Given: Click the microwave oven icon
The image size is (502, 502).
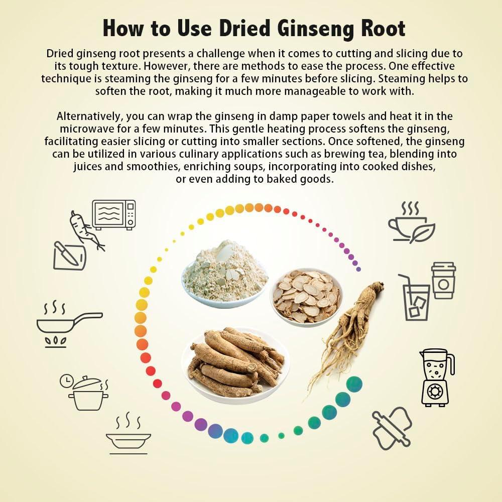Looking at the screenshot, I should tap(114, 214).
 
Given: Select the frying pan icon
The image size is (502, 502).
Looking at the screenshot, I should tap(65, 324).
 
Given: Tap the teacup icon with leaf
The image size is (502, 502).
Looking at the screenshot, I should tap(411, 223).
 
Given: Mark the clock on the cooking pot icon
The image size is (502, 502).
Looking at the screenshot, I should tap(66, 381).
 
